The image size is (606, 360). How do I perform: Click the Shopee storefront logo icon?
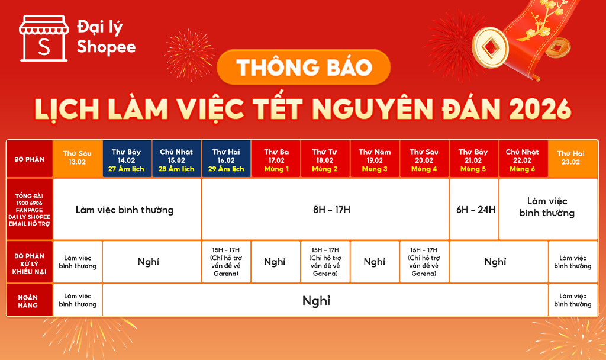(44, 38)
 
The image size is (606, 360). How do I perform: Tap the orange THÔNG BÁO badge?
(304, 67)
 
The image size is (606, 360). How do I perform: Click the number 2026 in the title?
(540, 109)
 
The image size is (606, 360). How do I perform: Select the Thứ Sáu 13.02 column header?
(78, 159)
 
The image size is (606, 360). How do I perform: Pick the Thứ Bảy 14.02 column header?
(127, 159)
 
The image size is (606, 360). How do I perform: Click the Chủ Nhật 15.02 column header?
(176, 159)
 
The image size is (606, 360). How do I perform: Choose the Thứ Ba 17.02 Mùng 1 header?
(276, 159)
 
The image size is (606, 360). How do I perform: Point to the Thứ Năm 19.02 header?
(375, 159)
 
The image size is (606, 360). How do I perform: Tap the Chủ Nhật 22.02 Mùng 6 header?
(523, 159)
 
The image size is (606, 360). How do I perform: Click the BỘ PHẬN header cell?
(30, 159)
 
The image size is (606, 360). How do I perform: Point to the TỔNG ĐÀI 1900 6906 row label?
(30, 209)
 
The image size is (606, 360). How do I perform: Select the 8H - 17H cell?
(325, 209)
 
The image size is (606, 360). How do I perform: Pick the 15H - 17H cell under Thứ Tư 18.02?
(325, 262)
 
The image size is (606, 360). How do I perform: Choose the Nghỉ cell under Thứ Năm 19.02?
(375, 262)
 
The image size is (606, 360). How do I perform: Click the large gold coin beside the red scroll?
(491, 47)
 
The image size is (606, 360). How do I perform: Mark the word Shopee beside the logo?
(107, 47)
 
